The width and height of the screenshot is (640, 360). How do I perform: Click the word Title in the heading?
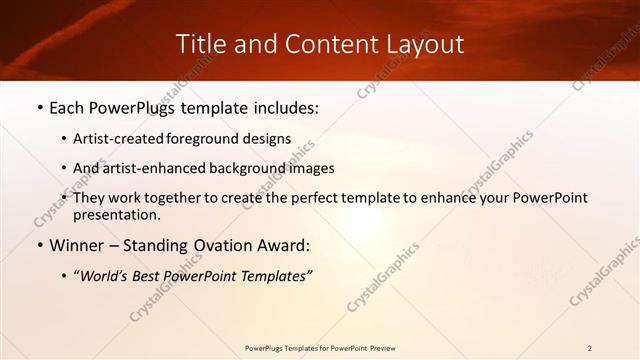tap(199, 45)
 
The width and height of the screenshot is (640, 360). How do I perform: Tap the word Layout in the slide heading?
tap(425, 45)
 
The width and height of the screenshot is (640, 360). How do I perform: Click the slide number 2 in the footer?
tap(589, 348)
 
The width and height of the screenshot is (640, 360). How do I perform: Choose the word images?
tap(311, 168)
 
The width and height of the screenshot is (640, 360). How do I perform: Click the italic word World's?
tap(106, 275)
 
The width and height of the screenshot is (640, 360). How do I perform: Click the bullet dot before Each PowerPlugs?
tap(39, 109)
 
